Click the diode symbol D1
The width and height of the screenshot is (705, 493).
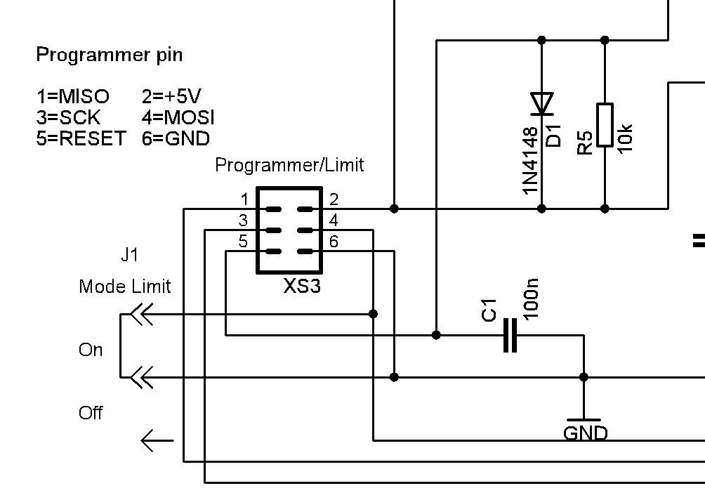[541, 104]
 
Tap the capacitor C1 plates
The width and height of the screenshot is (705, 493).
[510, 335]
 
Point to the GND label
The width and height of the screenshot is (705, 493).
[586, 433]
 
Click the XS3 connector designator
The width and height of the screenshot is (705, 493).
[302, 286]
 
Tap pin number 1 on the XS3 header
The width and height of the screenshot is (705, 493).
[244, 199]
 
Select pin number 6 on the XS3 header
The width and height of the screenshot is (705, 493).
[334, 242]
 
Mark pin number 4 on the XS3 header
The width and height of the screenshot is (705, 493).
[334, 220]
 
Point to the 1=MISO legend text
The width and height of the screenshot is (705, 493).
[72, 96]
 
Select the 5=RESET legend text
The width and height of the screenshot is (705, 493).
[81, 138]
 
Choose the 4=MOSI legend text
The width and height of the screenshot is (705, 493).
[178, 117]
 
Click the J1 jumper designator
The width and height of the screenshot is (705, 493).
[130, 255]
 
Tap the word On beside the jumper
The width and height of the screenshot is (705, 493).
[91, 350]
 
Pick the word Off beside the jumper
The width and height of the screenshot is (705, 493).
[91, 413]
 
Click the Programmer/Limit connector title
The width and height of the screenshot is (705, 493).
[289, 165]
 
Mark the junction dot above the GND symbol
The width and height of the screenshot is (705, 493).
[584, 377]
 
